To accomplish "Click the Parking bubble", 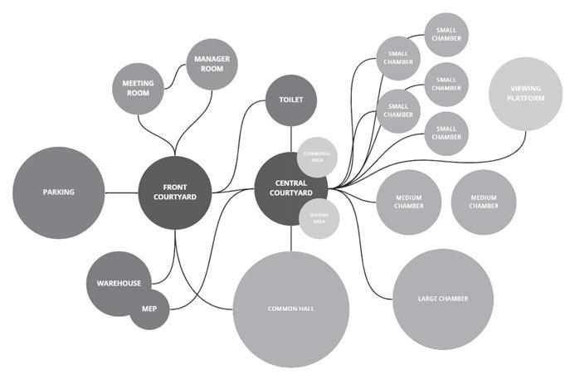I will [x=59, y=192].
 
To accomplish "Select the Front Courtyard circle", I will [x=173, y=192].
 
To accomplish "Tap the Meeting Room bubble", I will [x=139, y=89].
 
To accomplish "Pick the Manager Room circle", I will [x=212, y=65].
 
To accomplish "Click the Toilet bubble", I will [x=290, y=100].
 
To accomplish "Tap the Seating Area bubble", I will [x=319, y=218].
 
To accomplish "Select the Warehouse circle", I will [x=118, y=284].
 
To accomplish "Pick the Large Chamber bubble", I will [x=442, y=298].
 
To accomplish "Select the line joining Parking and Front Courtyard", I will [x=121, y=192].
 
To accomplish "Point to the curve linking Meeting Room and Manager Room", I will [x=177, y=80].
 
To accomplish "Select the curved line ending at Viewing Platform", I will [x=465, y=158].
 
